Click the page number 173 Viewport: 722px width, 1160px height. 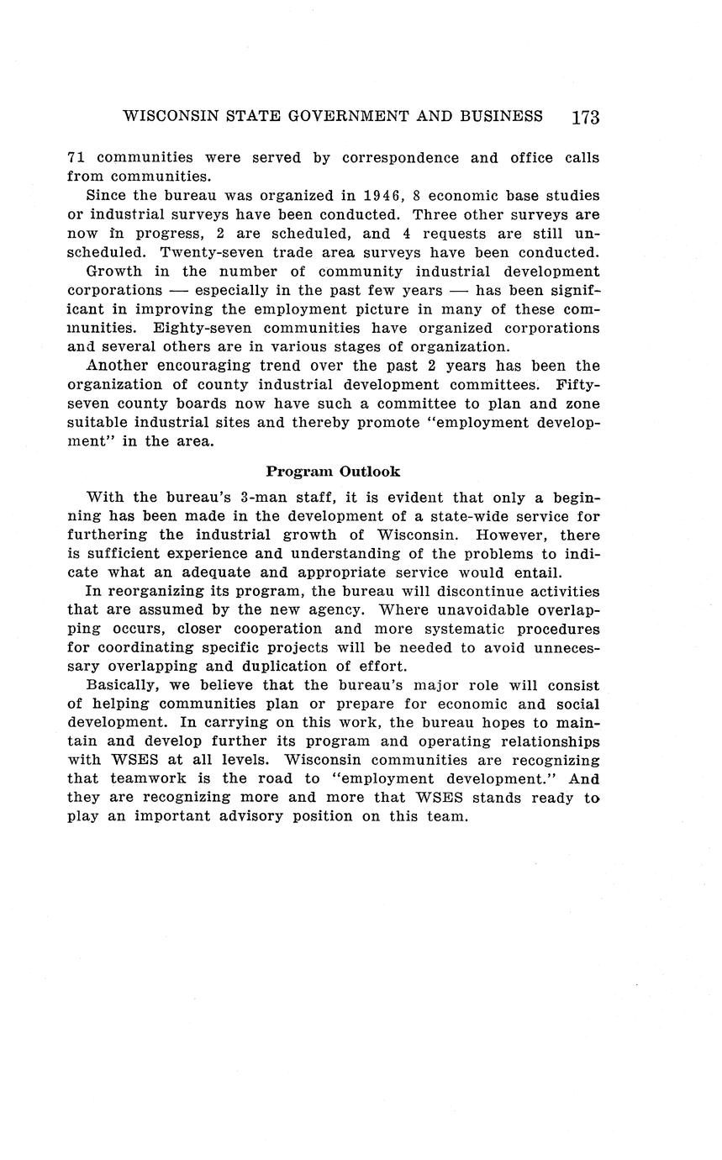tap(585, 118)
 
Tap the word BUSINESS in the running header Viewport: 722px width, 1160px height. tap(501, 116)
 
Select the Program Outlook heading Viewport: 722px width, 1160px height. tap(333, 472)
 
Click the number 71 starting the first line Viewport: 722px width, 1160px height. tap(76, 158)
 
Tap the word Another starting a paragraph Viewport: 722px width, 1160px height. tap(117, 366)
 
